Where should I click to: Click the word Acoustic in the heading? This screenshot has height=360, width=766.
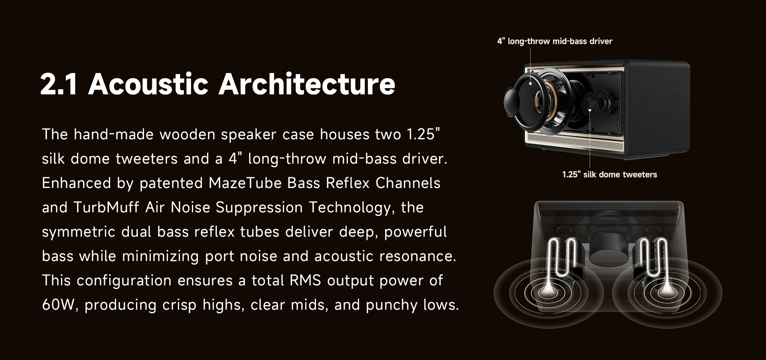[148, 84]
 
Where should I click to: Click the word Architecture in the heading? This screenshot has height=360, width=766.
[307, 84]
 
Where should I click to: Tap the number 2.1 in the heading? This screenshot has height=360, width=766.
[58, 85]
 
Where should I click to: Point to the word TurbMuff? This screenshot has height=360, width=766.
[106, 207]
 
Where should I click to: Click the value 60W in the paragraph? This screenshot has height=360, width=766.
[59, 305]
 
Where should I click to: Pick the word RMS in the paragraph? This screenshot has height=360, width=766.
[305, 281]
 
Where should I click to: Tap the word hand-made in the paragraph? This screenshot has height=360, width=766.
[114, 135]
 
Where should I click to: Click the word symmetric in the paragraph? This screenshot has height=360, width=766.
[79, 232]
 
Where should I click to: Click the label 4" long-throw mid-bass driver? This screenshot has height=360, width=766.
[555, 41]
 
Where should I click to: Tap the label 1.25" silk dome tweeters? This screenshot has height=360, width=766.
[610, 174]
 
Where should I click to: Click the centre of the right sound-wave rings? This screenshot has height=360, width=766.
[665, 293]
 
